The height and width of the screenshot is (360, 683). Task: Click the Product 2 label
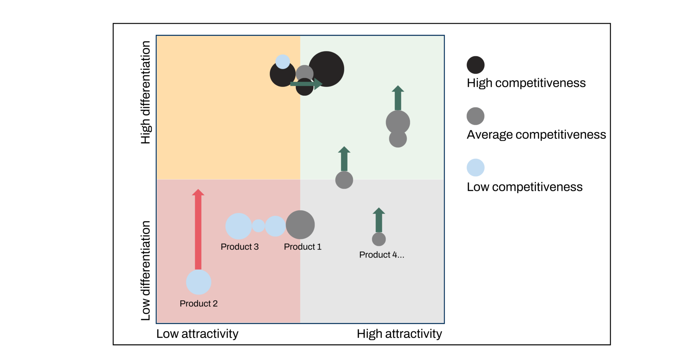[x=198, y=304]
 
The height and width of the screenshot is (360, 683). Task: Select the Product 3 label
[x=239, y=247]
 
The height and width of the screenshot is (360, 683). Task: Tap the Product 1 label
[x=302, y=247]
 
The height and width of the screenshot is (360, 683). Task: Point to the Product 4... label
[x=382, y=255]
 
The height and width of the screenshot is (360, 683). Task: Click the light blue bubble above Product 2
[x=198, y=282]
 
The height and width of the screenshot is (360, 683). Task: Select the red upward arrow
[x=198, y=229]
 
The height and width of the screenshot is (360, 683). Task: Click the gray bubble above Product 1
[x=300, y=225]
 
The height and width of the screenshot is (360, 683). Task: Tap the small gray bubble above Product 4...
[x=379, y=239]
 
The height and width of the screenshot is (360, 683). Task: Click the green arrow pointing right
[x=306, y=84]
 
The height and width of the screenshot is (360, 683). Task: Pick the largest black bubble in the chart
[x=326, y=69]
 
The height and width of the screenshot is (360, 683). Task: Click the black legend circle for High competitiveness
[x=476, y=65]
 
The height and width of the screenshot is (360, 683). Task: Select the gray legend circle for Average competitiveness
[x=476, y=116]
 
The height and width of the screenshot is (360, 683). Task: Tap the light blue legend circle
[x=476, y=167]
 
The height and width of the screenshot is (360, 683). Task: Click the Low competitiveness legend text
[x=525, y=187]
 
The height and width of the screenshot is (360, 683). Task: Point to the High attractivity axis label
[x=399, y=334]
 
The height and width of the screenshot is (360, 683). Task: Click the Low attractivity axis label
[x=197, y=334]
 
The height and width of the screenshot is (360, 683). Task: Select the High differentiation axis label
[x=145, y=92]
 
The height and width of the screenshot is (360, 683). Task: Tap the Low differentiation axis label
[x=145, y=271]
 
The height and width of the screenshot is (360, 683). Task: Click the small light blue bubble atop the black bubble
[x=283, y=62]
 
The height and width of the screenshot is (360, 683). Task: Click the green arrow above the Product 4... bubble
[x=379, y=220]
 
